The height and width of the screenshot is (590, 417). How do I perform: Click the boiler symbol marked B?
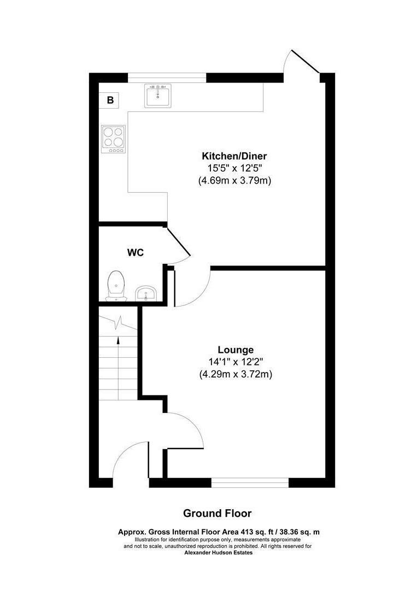coord(110,100)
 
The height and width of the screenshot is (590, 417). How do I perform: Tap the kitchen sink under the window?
coord(158,96)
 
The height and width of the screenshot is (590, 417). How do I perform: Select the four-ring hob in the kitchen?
coord(113,139)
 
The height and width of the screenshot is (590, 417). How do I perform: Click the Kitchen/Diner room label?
coord(234,156)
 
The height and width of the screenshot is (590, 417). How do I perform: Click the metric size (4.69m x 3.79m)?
coord(234,180)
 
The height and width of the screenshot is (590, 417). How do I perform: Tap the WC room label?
coord(135,253)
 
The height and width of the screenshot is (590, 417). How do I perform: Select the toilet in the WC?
coord(115,285)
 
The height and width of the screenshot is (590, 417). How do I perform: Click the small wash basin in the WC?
coord(146,293)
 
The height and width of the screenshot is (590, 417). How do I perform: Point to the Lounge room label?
coord(236,350)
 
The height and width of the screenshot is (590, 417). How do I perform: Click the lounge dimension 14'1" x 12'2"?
coord(236,362)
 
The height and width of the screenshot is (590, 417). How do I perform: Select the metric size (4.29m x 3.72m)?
coord(236,374)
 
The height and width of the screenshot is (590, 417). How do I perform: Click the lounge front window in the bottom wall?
coord(250,482)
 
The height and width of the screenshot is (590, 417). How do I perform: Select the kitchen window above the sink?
coord(167,78)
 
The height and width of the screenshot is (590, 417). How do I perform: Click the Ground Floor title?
coord(217,514)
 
